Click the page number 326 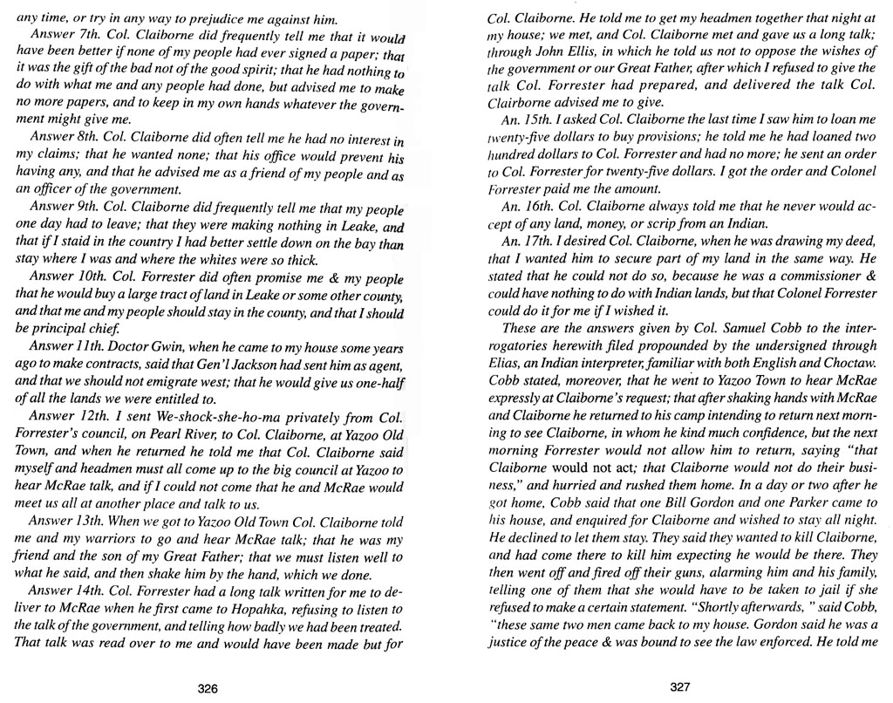pos(207,687)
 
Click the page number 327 pos(680,686)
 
